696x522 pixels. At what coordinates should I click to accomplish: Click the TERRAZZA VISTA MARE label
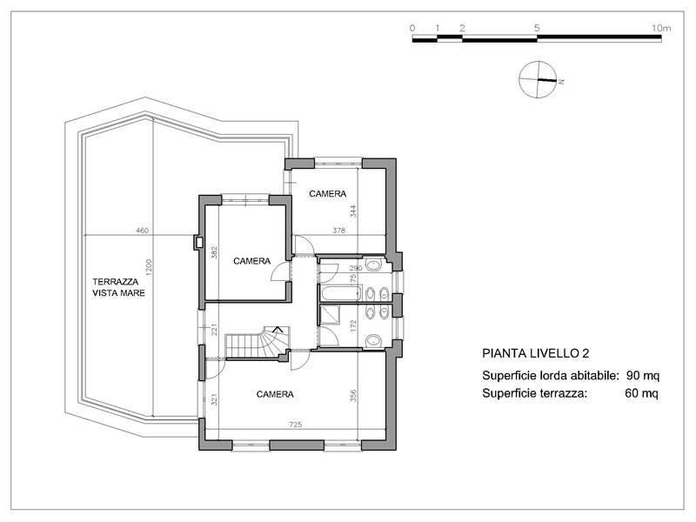point(119,288)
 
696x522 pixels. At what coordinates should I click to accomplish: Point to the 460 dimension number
point(143,231)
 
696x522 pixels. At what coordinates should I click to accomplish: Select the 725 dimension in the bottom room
point(297,425)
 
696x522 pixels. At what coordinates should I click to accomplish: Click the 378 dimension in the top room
point(339,231)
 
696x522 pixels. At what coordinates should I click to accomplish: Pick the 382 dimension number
point(213,252)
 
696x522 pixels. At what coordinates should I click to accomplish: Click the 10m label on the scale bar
point(660,28)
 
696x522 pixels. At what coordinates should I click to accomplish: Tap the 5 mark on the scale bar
point(537,28)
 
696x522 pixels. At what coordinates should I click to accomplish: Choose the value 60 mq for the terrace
point(642,393)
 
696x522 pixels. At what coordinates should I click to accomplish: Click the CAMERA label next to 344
point(328,193)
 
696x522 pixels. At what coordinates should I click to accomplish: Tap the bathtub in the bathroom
point(339,293)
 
